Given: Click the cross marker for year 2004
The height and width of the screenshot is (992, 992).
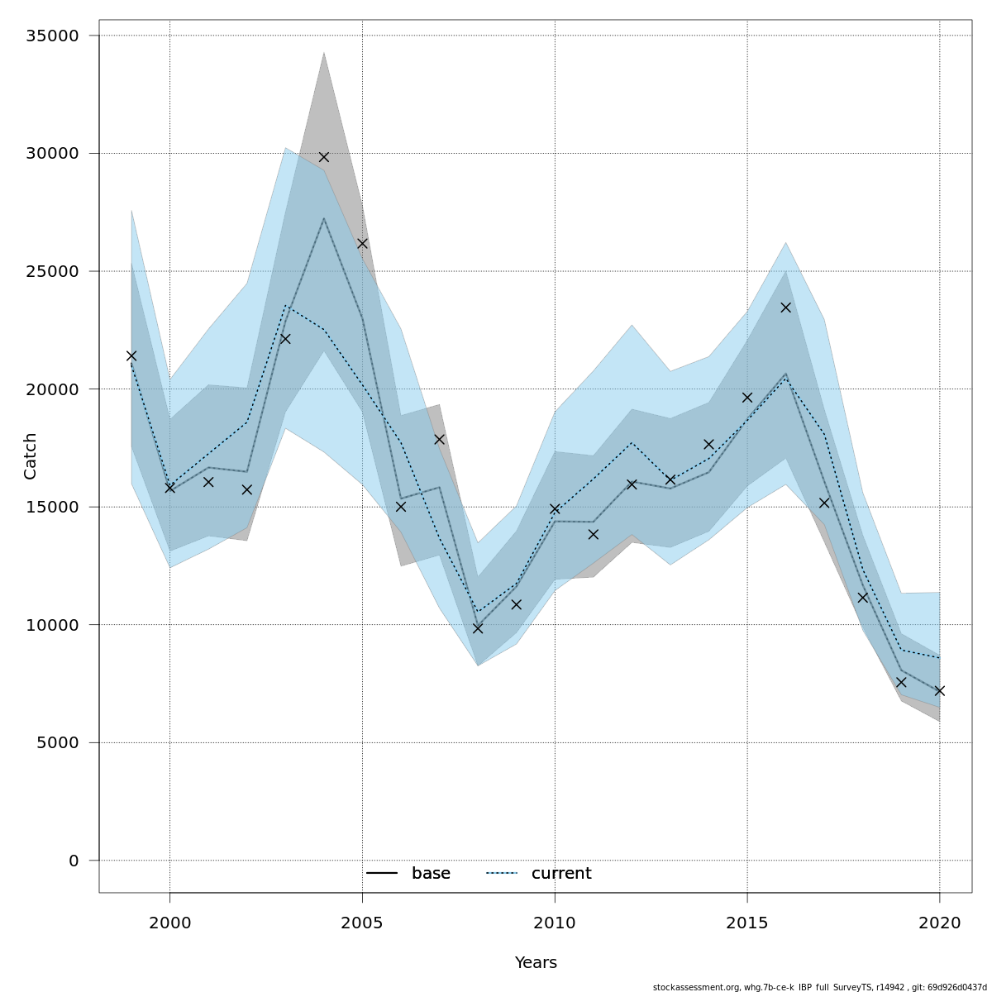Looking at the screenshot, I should tap(324, 157).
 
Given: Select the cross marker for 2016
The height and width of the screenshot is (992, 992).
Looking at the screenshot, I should tap(786, 308).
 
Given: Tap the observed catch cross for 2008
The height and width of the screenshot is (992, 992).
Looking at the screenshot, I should tap(478, 628).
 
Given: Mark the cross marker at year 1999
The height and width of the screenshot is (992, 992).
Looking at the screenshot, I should tap(131, 356).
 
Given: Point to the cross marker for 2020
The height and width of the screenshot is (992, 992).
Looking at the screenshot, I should tap(940, 691).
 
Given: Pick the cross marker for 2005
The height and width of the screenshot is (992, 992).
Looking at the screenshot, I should tap(362, 243).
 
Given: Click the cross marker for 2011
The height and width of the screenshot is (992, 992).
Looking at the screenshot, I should tap(594, 534).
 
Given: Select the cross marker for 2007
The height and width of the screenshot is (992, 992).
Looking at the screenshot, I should tap(439, 439).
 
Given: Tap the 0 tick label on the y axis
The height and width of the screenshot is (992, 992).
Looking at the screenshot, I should tap(74, 861).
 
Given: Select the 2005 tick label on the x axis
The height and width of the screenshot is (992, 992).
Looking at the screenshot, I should tap(362, 923).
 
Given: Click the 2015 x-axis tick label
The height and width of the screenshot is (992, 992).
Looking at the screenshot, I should tap(747, 923).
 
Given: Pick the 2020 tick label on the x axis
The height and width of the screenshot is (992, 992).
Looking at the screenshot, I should tap(940, 923).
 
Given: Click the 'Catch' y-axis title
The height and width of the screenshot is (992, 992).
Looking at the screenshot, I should tap(31, 455).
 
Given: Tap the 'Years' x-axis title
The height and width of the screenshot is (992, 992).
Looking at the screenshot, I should tap(536, 963).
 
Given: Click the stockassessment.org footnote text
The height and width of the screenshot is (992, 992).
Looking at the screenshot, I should tap(820, 987).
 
